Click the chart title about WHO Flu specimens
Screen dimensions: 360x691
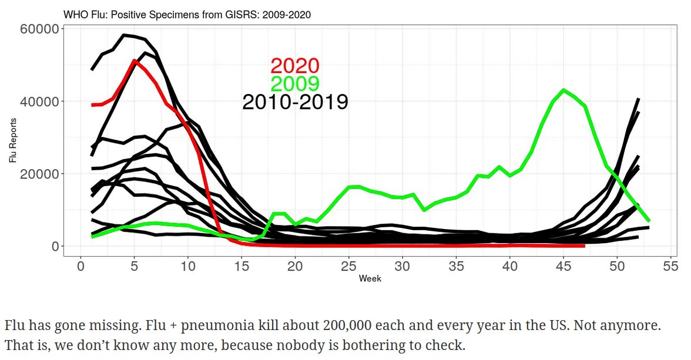pos(187,14)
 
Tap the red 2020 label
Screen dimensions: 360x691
pos(294,66)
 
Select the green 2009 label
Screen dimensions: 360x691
pos(294,84)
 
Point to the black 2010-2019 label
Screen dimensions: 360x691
pos(295,102)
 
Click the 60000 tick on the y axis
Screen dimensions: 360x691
pos(39,29)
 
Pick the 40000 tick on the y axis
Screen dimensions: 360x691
pos(39,102)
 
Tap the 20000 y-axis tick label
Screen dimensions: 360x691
pos(39,174)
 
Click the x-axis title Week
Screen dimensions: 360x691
pos(370,278)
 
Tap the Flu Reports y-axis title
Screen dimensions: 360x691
pos(12,140)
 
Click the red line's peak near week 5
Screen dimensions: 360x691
pos(135,60)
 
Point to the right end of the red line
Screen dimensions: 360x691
pos(584,245)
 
